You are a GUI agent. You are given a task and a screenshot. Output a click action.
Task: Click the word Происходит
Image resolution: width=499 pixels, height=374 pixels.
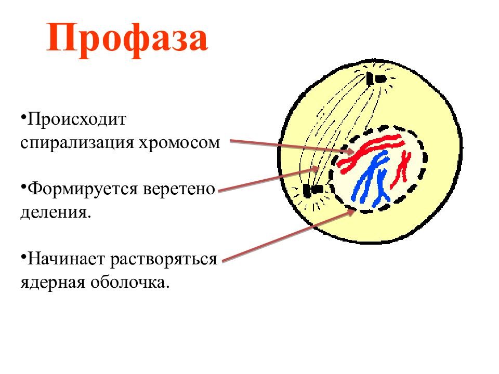click(77, 120)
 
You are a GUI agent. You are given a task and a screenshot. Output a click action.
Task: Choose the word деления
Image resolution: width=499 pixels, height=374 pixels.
click(56, 212)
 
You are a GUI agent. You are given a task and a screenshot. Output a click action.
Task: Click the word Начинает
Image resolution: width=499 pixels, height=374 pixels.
click(67, 259)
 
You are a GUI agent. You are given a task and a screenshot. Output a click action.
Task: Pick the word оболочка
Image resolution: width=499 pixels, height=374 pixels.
click(129, 282)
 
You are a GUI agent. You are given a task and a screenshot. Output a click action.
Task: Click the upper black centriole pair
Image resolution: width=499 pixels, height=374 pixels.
click(376, 78)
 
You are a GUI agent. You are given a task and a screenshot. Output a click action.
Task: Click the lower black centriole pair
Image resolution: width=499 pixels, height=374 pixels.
click(312, 190)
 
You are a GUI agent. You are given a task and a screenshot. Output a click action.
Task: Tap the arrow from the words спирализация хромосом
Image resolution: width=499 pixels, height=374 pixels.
click(292, 146)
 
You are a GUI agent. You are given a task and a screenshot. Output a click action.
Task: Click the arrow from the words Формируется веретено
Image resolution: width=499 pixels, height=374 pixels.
click(269, 179)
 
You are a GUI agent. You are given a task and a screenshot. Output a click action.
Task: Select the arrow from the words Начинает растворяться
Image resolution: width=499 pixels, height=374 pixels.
click(288, 235)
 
